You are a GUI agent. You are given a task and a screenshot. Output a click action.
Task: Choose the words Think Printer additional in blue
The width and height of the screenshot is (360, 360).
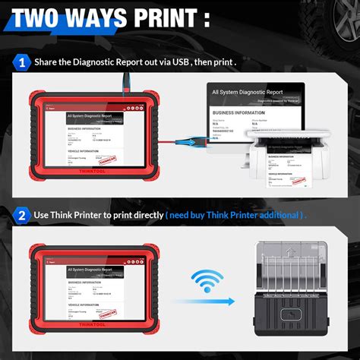[259, 216]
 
